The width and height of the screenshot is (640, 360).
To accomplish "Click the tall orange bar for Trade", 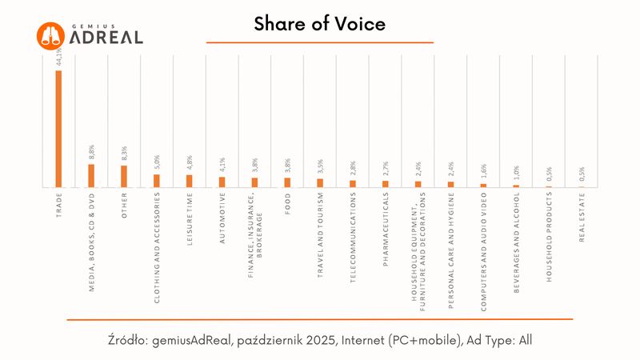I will (58, 128).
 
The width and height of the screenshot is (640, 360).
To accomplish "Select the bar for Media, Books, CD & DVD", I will (91, 175).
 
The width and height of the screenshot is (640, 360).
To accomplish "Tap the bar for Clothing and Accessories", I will (157, 180).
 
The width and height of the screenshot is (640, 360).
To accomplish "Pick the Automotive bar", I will (222, 182).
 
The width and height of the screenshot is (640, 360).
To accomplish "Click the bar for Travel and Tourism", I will (320, 182).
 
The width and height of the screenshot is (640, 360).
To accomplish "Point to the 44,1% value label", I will (58, 58).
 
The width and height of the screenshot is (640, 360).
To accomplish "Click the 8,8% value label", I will (91, 153).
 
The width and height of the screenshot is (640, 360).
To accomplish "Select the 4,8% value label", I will (190, 163).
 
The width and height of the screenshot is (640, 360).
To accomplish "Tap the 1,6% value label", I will (483, 172).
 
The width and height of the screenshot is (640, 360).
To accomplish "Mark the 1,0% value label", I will (516, 174).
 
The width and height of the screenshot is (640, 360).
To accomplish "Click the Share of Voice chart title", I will (320, 25).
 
